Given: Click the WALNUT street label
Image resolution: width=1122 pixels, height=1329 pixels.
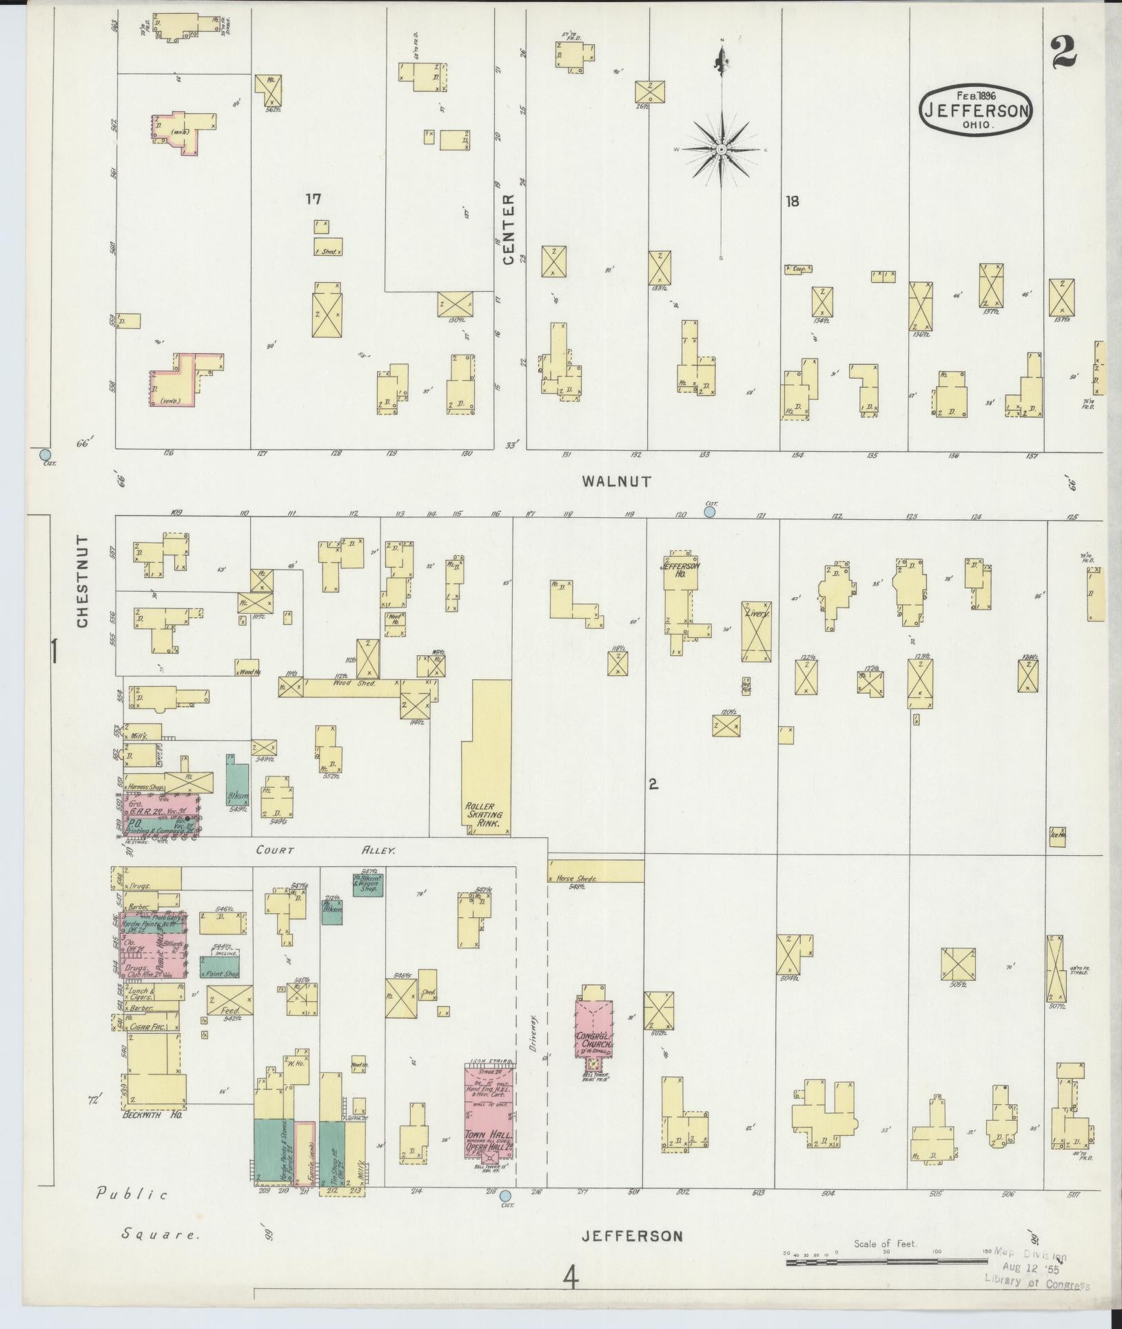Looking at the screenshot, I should coord(615,482).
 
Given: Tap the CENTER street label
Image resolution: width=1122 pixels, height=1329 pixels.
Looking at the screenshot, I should coord(509,229).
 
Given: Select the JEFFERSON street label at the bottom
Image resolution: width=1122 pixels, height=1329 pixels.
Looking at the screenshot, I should coord(633,1236).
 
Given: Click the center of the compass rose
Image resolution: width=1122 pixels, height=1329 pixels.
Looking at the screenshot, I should coord(721,150).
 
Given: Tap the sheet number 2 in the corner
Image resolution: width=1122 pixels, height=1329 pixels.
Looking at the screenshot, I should coord(1064,51).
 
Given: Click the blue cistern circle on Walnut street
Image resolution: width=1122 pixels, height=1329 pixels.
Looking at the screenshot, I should coord(711,512).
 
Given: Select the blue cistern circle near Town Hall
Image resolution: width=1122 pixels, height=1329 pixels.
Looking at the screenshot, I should coord(505,1196).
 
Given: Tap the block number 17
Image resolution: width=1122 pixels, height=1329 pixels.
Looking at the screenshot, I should coord(314,199).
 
